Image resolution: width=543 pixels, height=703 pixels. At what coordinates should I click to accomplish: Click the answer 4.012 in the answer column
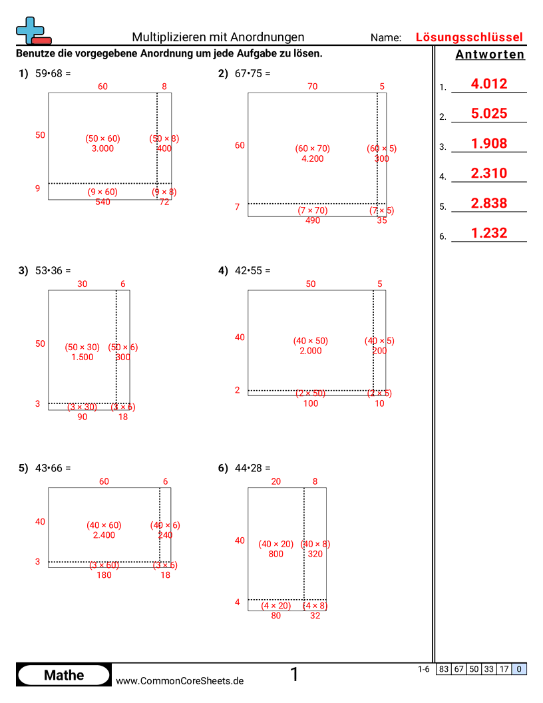coord(488,84)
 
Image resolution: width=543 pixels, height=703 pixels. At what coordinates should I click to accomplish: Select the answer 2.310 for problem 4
coord(488,174)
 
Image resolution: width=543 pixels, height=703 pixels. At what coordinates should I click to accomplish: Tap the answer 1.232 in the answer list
coord(488,233)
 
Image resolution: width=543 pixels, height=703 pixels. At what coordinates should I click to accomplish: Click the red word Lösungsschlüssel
coord(469,37)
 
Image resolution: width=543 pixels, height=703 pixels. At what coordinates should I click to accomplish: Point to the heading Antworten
coord(490,55)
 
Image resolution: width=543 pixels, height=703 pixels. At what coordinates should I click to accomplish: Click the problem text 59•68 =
coord(53,74)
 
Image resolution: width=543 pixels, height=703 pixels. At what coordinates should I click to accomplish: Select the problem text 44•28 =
coord(252,468)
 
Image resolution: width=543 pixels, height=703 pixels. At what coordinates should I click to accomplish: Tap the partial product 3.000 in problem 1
coord(102,148)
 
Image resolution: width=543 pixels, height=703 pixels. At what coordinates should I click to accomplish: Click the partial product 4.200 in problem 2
coord(312,159)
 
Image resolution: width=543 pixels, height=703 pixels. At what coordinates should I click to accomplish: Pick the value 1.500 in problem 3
coord(83,357)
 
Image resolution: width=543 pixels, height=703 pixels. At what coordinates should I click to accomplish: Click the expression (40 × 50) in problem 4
coord(310,341)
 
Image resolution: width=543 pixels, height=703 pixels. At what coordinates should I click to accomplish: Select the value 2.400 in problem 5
coord(104,535)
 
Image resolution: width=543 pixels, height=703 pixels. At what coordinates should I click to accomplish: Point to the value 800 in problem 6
coord(275,554)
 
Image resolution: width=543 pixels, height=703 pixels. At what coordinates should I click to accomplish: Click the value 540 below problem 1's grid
coord(102,202)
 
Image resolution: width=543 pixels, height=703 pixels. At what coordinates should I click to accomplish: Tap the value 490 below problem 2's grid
coord(312,220)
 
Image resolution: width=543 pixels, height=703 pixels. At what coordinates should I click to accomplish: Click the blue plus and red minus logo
coord(33,31)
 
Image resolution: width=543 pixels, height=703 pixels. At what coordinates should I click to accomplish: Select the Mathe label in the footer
coord(64,675)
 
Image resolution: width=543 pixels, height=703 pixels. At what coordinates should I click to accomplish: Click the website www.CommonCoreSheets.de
coord(180,681)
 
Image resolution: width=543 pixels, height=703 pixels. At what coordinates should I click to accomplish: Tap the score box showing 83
coord(443,669)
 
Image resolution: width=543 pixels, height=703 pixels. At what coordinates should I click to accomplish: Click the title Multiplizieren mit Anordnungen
coord(218,37)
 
